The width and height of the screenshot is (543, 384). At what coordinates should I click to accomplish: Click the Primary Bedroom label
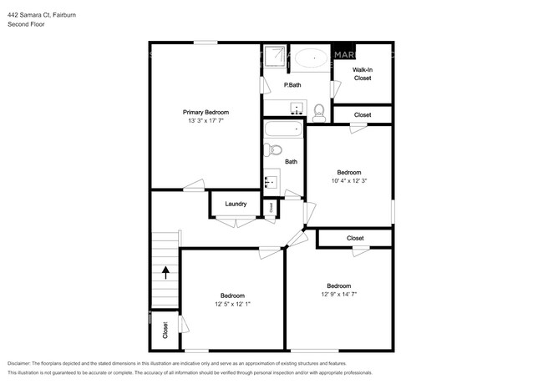pos(206,112)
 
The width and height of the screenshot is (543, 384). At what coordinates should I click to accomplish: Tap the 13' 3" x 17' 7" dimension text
pos(206,121)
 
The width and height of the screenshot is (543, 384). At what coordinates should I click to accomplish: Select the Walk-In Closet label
pos(362,74)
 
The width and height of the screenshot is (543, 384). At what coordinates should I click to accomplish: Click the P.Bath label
pos(292,85)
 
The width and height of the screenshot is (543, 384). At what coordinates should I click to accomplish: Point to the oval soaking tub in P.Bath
pos(310,58)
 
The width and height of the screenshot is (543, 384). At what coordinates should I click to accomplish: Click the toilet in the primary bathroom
pos(318,109)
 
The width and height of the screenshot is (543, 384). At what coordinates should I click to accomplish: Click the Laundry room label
pos(235,204)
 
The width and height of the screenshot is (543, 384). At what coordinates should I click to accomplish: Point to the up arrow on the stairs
pos(165,271)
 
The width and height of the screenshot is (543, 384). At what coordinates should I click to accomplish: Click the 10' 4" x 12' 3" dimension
pos(349,181)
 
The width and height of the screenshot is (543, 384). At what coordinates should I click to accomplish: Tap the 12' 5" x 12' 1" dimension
pos(232,305)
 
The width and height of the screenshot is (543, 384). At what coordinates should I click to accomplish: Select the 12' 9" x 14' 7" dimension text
pos(338,294)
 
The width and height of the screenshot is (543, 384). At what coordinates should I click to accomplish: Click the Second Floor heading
pos(26,24)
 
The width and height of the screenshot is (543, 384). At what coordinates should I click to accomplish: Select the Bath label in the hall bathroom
pos(291,162)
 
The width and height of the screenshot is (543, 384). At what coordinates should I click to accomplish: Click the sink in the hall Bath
pos(271,179)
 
